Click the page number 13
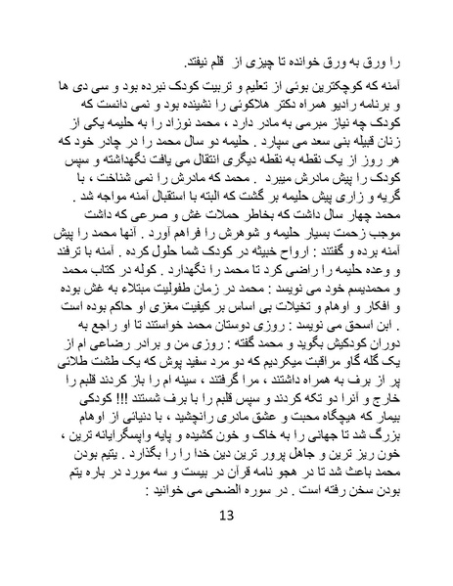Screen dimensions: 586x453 point(226,544)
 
